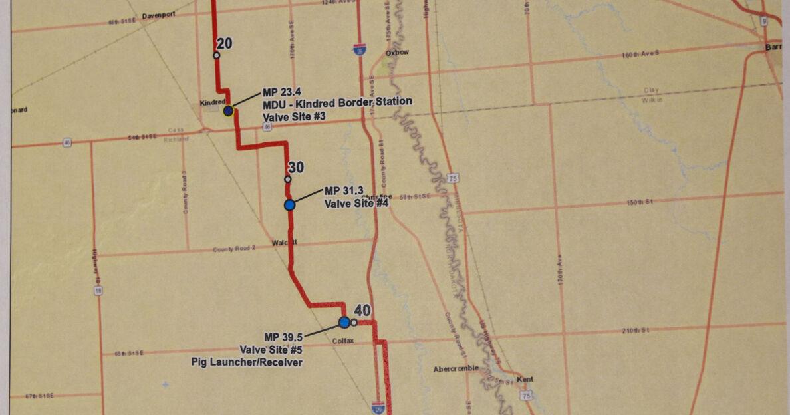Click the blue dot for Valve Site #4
pos(289,205)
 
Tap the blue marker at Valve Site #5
pos(344,322)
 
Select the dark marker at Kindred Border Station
pos(228,110)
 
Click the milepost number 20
pos(224,43)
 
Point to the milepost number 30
pos(296,167)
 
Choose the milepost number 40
pos(362,310)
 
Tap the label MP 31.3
pos(342,191)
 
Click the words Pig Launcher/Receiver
pos(246,362)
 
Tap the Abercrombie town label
pos(456,369)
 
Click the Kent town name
pos(525,380)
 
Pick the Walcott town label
pos(284,243)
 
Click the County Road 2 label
pos(234,249)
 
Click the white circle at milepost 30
pos(287,179)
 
